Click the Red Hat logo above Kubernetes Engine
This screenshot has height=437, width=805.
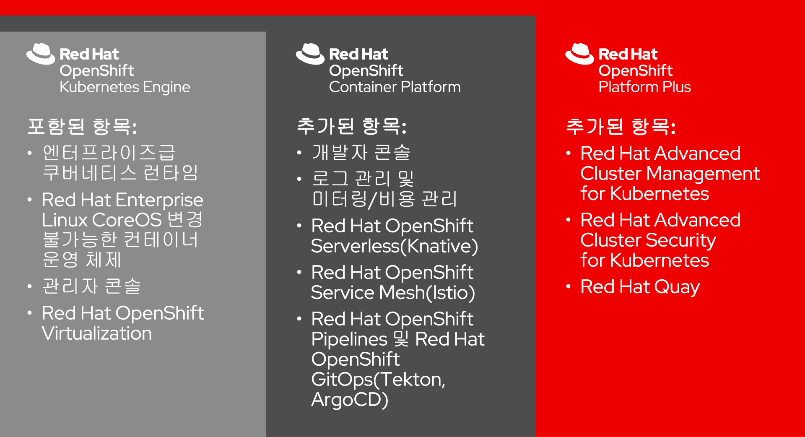pyautogui.click(x=41, y=54)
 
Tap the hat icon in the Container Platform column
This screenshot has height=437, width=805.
pyautogui.click(x=310, y=54)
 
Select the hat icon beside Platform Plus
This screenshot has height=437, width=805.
pyautogui.click(x=579, y=54)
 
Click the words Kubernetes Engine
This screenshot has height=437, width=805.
pyautogui.click(x=125, y=87)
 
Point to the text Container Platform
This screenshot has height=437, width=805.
pyautogui.click(x=395, y=87)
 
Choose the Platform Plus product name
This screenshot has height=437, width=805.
pyautogui.click(x=644, y=87)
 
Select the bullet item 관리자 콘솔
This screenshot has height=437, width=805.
pyautogui.click(x=91, y=286)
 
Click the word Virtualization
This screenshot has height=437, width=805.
pyautogui.click(x=97, y=333)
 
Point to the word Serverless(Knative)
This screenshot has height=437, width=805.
pyautogui.click(x=395, y=246)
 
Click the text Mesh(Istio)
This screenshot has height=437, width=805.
pyautogui.click(x=427, y=293)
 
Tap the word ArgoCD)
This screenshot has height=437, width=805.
pyautogui.click(x=350, y=400)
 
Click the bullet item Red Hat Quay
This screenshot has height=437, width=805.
pyautogui.click(x=640, y=287)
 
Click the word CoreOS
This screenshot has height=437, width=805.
pyautogui.click(x=127, y=220)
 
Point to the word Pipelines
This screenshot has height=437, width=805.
pyautogui.click(x=349, y=339)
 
